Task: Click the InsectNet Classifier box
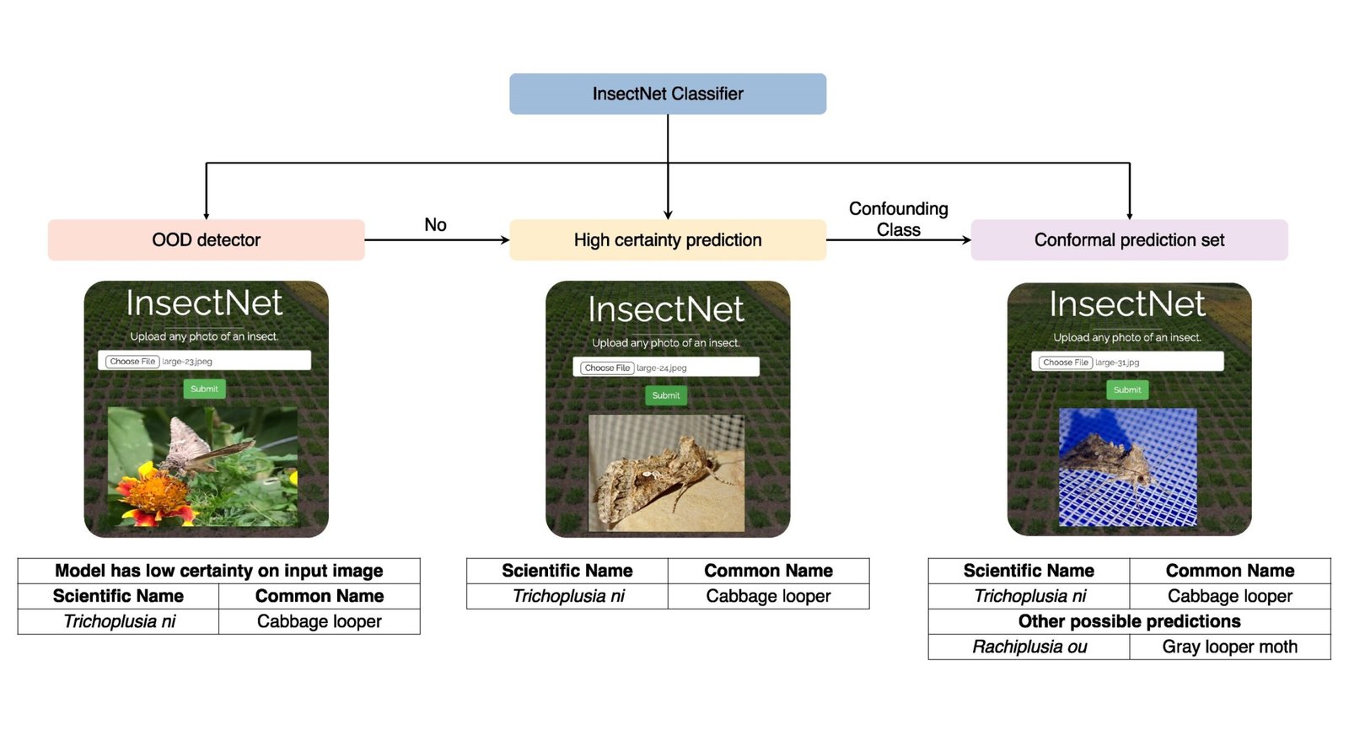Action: pyautogui.click(x=667, y=94)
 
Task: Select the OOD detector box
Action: pyautogui.click(x=206, y=240)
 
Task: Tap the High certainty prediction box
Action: pyautogui.click(x=667, y=240)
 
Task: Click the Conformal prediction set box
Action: pyautogui.click(x=1129, y=240)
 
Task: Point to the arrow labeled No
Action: pyautogui.click(x=436, y=239)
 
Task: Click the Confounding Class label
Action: pyautogui.click(x=898, y=218)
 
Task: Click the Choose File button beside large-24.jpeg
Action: pyautogui.click(x=607, y=368)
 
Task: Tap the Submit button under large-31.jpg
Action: pyautogui.click(x=1127, y=389)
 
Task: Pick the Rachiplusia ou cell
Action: pyautogui.click(x=1029, y=647)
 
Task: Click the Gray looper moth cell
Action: pyautogui.click(x=1229, y=647)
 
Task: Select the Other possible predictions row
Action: pyautogui.click(x=1129, y=621)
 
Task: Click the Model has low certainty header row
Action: pyautogui.click(x=218, y=571)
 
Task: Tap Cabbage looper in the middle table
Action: pyautogui.click(x=768, y=596)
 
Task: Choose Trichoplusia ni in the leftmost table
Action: pyautogui.click(x=119, y=621)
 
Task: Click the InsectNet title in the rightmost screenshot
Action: pyautogui.click(x=1127, y=304)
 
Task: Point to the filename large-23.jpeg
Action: pyautogui.click(x=187, y=361)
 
